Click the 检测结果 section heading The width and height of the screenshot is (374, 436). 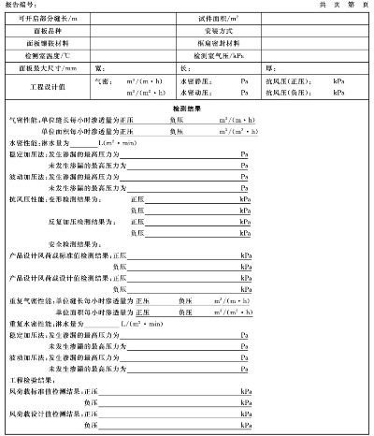pos(187,109)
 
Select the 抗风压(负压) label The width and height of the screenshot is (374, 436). pos(295,93)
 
